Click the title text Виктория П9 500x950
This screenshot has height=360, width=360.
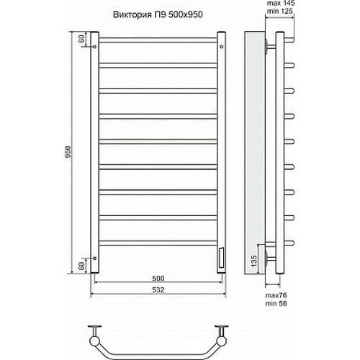point(158,14)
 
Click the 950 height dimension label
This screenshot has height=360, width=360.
point(68,152)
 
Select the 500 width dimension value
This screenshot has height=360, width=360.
point(158,278)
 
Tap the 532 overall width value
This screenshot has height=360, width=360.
point(158,290)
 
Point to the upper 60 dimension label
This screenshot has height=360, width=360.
point(81,39)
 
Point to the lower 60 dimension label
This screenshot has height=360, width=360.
point(81,266)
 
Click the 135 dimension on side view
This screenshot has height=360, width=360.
point(253,261)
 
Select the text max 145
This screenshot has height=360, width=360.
point(281,3)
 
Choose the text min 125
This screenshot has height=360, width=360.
point(280,11)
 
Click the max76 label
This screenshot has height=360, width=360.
point(276,295)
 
